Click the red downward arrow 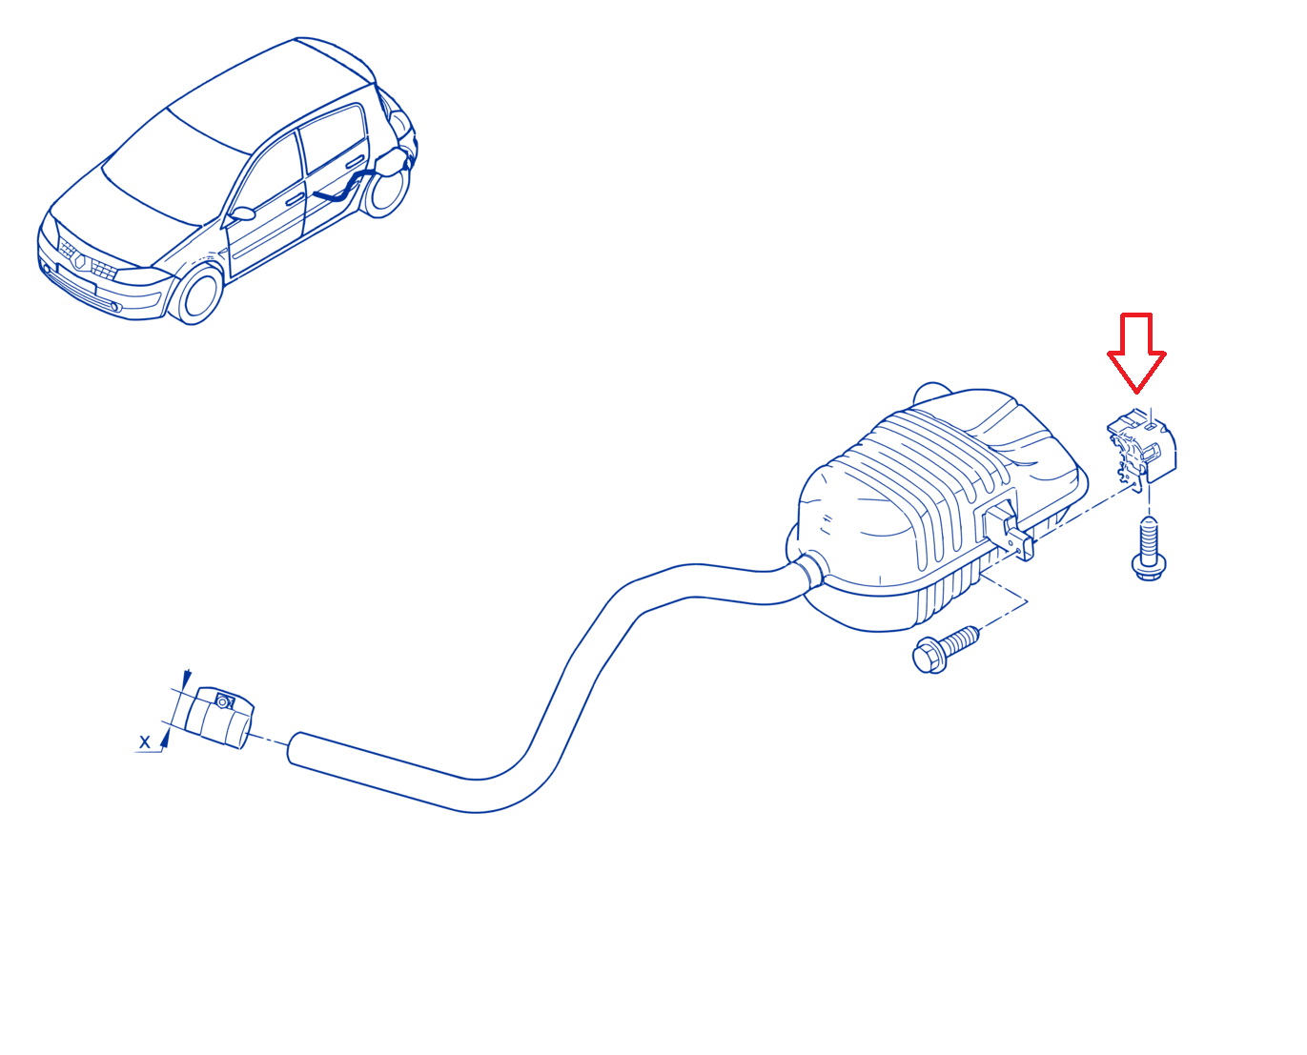click(1135, 353)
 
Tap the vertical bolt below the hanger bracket click(1149, 548)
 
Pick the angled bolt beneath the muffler click(946, 649)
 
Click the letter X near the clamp click(145, 742)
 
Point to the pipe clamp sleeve click(219, 717)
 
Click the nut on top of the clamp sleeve click(224, 700)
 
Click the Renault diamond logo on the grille click(80, 261)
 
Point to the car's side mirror click(242, 213)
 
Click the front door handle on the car click(295, 199)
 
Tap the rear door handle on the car click(355, 162)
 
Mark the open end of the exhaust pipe click(294, 748)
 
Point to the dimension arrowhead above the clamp click(187, 677)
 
